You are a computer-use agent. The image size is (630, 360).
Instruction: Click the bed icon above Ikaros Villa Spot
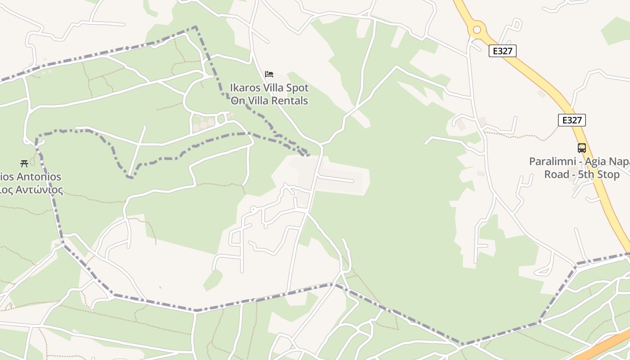(269, 74)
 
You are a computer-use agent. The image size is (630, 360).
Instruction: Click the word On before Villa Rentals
(238, 100)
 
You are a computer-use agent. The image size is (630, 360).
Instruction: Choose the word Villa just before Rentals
(258, 100)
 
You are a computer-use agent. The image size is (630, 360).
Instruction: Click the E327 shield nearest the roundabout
(502, 51)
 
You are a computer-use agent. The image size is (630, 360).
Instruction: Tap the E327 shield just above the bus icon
(572, 120)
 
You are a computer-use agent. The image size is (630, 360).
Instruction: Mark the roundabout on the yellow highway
(477, 30)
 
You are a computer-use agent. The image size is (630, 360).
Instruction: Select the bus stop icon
(582, 148)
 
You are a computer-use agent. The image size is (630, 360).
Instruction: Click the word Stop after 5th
(609, 174)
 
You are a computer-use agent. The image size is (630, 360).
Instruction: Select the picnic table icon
(24, 163)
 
